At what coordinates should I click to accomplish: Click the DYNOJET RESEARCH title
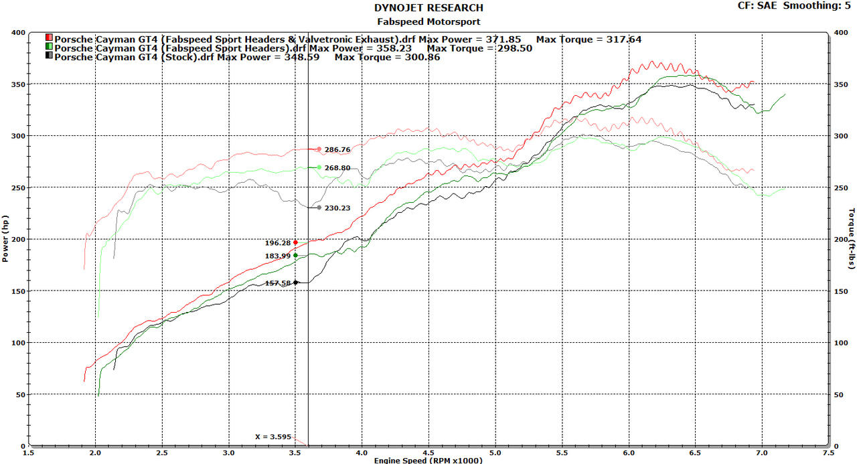point(428,8)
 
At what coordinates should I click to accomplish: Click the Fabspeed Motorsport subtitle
point(428,21)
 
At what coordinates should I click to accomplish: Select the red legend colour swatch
point(50,39)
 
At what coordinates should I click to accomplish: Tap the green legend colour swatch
point(50,48)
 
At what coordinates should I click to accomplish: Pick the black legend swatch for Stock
point(50,57)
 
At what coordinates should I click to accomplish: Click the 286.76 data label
point(337,149)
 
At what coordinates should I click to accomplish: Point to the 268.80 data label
point(337,167)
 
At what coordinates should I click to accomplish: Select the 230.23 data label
point(337,208)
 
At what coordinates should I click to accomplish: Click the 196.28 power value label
point(278,242)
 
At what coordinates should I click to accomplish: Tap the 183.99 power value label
point(278,256)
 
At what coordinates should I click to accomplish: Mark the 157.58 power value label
point(278,283)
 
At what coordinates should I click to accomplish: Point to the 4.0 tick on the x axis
point(362,452)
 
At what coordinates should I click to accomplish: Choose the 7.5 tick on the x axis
point(828,452)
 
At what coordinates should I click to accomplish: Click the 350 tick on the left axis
point(17,84)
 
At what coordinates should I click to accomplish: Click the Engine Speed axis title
point(428,459)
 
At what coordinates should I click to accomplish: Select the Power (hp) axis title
point(6,238)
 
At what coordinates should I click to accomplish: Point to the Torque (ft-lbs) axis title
point(851,238)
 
